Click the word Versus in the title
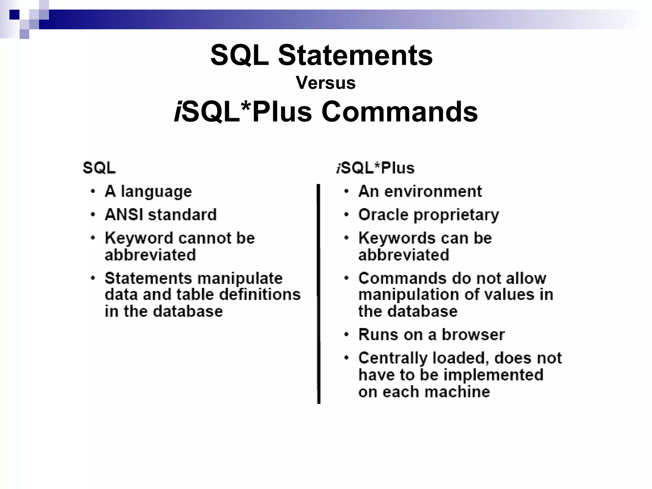coord(325,83)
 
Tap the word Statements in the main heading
coord(355,55)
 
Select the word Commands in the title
coord(400,112)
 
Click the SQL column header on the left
coord(99,168)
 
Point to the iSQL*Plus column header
coord(375,168)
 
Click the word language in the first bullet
coord(156,192)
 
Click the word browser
coord(473,335)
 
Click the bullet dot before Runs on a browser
coord(346,335)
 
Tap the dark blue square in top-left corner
coord(14,15)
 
